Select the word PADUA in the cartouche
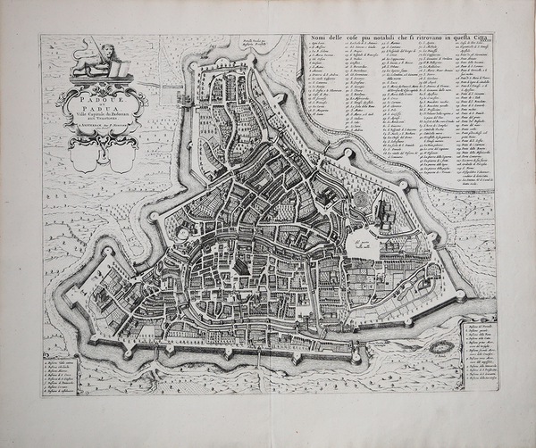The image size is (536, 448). (x=98, y=105)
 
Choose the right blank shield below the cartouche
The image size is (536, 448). (x=121, y=157)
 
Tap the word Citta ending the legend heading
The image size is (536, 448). (x=474, y=36)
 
